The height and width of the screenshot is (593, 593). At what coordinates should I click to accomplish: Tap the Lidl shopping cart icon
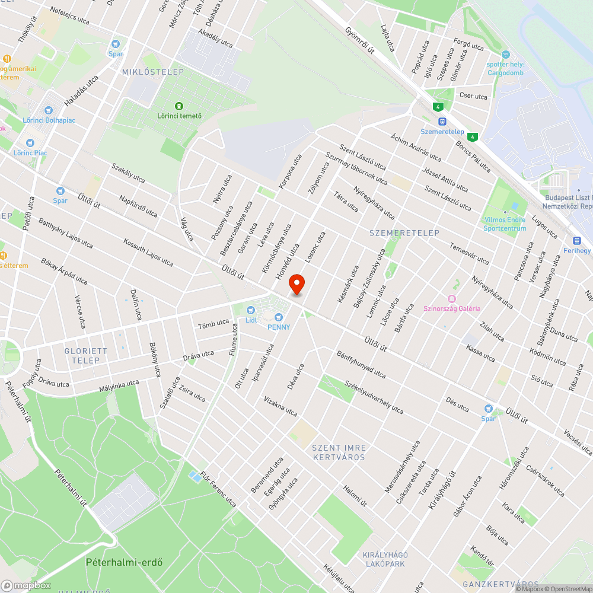(x=250, y=309)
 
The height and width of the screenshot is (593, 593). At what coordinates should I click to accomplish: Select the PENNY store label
(x=279, y=327)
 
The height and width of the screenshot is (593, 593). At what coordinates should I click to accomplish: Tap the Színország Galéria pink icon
(x=452, y=299)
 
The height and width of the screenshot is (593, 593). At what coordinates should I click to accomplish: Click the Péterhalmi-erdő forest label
(x=124, y=562)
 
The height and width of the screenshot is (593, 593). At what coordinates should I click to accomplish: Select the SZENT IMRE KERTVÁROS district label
(x=339, y=452)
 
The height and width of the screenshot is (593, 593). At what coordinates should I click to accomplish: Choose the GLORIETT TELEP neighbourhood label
(x=86, y=355)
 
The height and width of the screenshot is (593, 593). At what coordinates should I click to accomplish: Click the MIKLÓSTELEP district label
(x=153, y=72)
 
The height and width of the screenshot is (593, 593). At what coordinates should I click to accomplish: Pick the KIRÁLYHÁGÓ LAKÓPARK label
(x=385, y=559)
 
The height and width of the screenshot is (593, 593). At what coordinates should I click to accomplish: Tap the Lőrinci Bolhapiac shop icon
(x=49, y=110)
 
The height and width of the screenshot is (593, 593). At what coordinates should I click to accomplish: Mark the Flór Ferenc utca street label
(x=218, y=489)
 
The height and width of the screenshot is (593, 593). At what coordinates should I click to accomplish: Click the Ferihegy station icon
(x=576, y=240)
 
